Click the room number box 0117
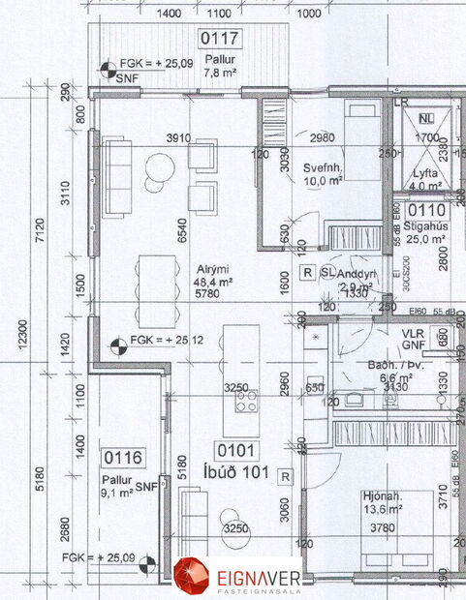point(220,40)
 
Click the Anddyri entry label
point(358,274)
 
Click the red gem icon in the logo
point(191,573)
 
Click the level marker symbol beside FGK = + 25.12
point(115,341)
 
